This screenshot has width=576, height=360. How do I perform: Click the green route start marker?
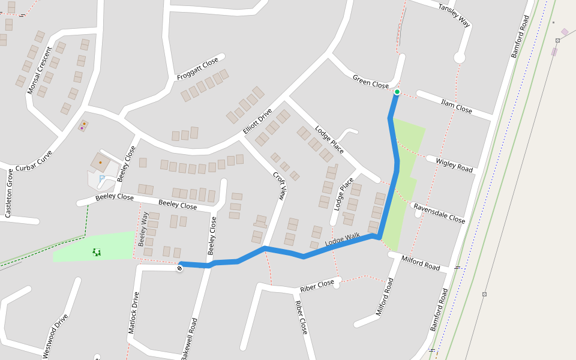397,92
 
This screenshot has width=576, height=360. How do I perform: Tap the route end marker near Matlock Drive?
179,268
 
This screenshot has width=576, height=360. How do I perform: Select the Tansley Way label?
454,15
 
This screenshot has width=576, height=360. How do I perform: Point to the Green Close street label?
371,82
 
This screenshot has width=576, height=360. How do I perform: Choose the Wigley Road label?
454,166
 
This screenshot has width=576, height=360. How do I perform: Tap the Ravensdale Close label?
440,212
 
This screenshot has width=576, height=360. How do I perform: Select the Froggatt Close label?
197,70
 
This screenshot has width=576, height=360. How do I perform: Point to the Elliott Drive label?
257,122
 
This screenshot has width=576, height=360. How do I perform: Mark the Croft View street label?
280,185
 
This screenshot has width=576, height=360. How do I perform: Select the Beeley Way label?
143,229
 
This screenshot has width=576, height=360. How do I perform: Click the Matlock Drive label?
133,313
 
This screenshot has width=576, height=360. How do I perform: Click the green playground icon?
97,252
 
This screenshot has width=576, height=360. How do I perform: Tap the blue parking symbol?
102,178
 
